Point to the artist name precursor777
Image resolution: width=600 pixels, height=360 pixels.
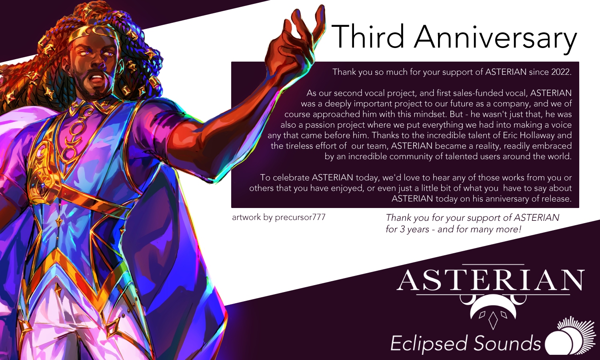coord(300,217)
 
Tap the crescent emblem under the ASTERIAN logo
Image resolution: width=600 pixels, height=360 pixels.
coord(492,311)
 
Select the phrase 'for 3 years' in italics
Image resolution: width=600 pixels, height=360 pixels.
coord(407,230)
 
